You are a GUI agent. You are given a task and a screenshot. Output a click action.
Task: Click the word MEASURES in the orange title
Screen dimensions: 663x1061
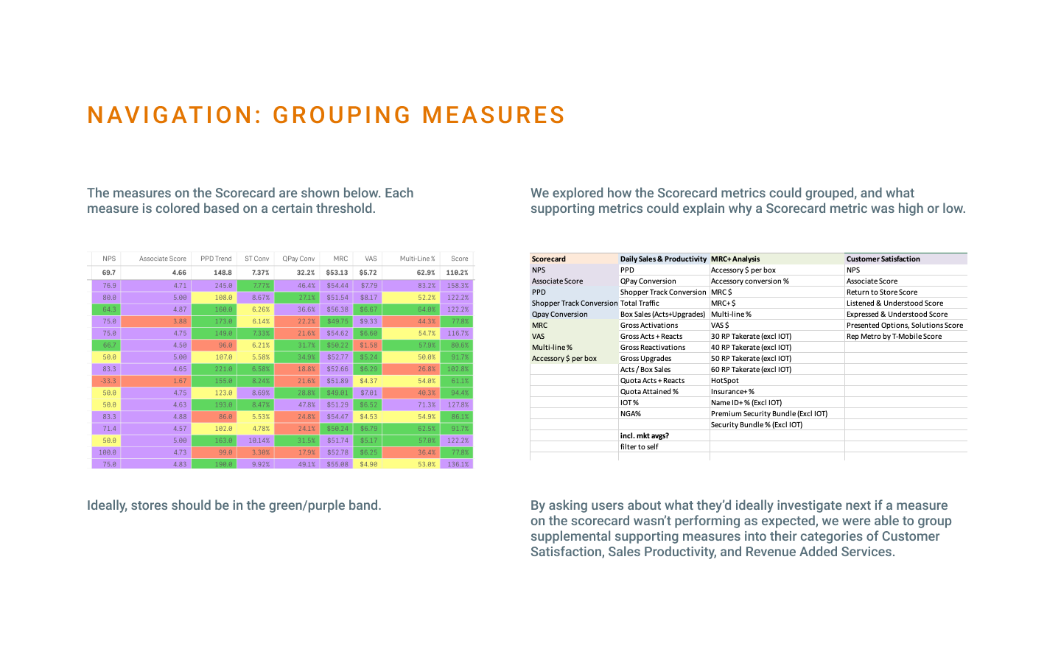[493, 116]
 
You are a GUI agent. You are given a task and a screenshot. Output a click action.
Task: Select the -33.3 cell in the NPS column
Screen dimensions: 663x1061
[109, 381]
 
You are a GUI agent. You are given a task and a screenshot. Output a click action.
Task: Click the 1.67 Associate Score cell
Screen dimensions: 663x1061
[180, 381]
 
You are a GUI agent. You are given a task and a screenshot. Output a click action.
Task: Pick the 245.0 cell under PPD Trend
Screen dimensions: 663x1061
[223, 286]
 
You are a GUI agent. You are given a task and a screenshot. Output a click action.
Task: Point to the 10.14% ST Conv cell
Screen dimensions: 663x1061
[259, 441]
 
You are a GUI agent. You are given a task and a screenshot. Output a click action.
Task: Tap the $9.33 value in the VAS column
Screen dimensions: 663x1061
[368, 321]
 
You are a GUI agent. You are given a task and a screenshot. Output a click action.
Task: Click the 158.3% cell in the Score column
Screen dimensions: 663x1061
[458, 286]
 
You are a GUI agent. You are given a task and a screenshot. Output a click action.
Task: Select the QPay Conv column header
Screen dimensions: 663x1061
[298, 259]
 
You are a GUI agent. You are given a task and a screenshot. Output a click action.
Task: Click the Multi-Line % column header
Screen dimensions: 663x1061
[417, 259]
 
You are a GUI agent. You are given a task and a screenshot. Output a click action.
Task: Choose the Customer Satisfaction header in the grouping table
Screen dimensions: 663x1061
[883, 259]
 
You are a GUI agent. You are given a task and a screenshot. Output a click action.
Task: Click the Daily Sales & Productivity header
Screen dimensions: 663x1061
[663, 259]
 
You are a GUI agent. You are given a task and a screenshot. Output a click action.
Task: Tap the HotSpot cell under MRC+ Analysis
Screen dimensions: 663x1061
[724, 381]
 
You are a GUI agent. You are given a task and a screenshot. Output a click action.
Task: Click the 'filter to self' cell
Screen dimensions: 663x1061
[639, 447]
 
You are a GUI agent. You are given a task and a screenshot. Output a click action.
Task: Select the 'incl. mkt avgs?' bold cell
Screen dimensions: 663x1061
[644, 436]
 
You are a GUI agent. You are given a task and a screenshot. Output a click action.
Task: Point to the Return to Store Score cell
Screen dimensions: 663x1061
[881, 292]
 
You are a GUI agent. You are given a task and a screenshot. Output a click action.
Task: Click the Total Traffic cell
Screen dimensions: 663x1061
[640, 304]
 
